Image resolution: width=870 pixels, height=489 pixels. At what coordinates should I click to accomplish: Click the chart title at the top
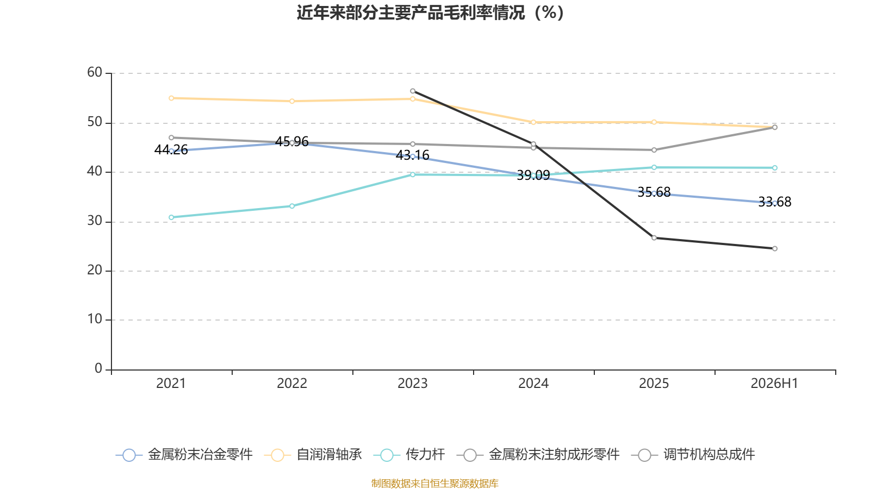pos(430,13)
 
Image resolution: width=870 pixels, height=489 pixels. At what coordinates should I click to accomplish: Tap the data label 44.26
pos(171,150)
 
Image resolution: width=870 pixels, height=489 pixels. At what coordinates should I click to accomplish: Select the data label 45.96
pos(291,142)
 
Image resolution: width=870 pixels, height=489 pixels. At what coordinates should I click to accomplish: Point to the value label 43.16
pos(413,155)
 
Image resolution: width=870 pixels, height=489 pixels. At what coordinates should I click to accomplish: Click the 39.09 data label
pos(533,175)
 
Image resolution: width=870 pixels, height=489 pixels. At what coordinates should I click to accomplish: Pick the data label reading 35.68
pos(654,192)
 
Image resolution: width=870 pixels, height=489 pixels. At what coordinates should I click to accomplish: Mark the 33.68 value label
pos(775,202)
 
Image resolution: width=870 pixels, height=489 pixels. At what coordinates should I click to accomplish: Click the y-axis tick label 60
pos(95,72)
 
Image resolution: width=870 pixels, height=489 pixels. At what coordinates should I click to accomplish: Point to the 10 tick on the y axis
pos(95,319)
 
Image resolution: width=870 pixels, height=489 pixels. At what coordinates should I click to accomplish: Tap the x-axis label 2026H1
pos(774,384)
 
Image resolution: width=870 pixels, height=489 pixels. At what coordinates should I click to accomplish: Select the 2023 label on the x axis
pos(413,384)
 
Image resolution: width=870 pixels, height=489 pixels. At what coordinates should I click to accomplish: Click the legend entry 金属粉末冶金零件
pos(184,454)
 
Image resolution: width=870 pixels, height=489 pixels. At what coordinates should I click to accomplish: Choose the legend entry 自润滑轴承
pos(313,454)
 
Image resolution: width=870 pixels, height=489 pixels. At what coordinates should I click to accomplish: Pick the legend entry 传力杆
pos(409,454)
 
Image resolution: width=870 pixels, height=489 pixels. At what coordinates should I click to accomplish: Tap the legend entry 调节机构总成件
pos(693,454)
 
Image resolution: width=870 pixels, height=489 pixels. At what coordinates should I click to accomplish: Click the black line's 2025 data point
pos(654,238)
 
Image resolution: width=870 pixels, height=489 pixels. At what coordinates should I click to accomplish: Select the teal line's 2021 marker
pos(171,217)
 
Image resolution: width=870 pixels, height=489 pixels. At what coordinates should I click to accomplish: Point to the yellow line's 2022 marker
pos(292,101)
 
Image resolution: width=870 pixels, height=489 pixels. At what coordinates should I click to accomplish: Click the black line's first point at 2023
pos(413,91)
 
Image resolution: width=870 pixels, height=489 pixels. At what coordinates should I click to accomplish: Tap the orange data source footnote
pos(434,483)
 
